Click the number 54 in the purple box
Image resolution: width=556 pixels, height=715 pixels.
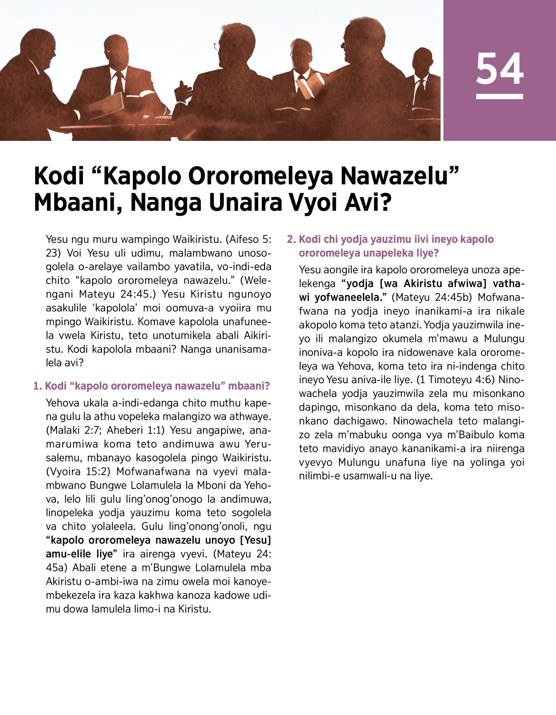coord(499,69)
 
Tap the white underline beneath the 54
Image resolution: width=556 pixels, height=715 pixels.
coord(499,96)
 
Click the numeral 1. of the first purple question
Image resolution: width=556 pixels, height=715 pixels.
coord(38,386)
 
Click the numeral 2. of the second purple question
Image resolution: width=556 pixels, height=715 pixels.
coord(291,239)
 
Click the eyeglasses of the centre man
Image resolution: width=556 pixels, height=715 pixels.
coord(217,46)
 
